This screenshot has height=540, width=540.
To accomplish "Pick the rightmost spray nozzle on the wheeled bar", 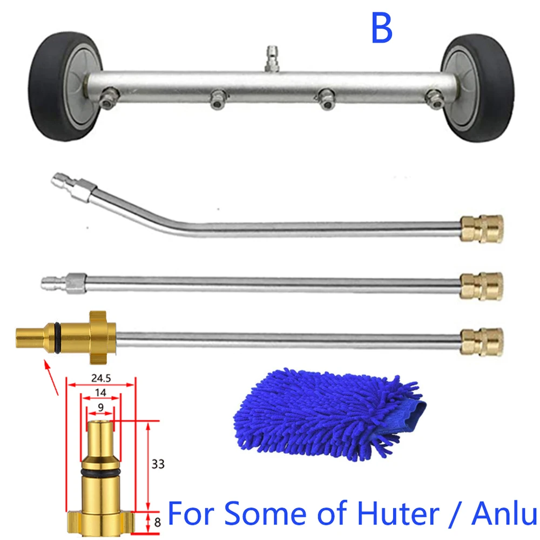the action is [431, 97].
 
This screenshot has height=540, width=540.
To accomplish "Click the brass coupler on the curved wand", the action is [482, 228].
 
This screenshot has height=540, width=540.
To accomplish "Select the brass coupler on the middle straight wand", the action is [482, 286].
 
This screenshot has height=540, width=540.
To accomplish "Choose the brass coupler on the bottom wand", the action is [482, 341].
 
